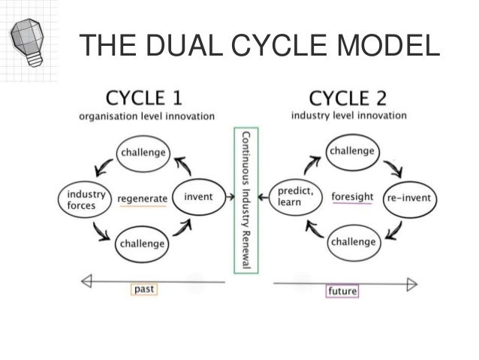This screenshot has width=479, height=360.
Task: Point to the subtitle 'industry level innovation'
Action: tap(349, 116)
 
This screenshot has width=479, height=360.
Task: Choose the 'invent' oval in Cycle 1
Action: tap(198, 197)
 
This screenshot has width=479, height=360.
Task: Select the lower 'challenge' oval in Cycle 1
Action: tap(141, 244)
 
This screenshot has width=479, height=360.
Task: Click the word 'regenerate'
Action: tap(141, 198)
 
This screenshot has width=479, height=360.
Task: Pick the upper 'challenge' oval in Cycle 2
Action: tap(351, 152)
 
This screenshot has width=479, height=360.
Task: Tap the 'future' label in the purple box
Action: tap(342, 291)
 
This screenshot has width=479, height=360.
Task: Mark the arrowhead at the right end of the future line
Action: tap(411, 283)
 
